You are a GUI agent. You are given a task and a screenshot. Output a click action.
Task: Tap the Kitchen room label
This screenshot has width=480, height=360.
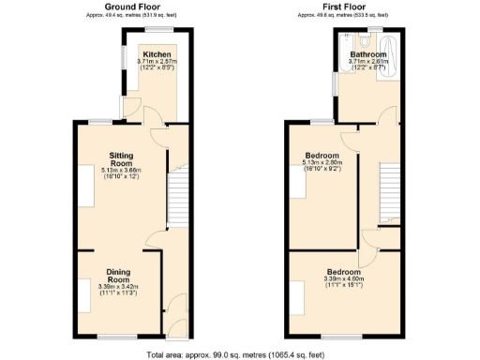tap(157, 54)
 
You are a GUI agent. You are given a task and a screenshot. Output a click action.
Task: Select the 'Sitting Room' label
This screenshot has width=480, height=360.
tap(122, 158)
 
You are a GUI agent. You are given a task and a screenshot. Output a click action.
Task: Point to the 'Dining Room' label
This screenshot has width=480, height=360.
tap(117, 276)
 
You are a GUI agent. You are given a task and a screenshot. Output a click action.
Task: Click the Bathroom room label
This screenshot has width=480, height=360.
tap(368, 54)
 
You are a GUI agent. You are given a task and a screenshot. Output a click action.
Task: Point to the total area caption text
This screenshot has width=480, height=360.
tap(239, 353)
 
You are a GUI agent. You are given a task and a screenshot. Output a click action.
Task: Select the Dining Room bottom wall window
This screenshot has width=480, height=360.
tap(117, 336)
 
